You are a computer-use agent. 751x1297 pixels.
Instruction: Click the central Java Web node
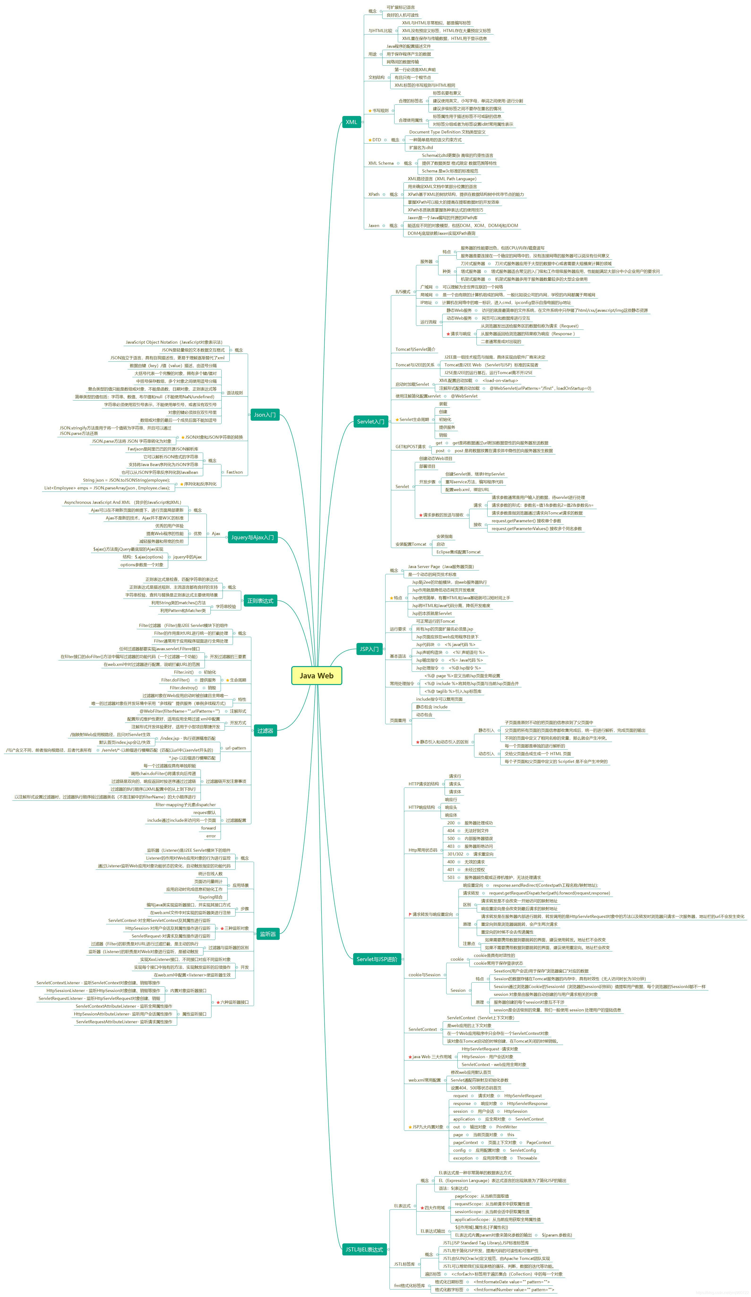[317, 676]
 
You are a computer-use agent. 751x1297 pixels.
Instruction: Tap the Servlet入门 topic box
[371, 422]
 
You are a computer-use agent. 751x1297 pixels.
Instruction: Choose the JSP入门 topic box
[369, 649]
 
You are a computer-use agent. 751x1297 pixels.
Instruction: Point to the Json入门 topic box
[265, 415]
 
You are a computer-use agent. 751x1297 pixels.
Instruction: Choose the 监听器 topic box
[268, 934]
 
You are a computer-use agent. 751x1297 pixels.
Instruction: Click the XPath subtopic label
[374, 195]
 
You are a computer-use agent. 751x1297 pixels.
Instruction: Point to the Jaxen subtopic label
[374, 225]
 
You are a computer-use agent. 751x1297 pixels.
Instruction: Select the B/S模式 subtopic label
[403, 292]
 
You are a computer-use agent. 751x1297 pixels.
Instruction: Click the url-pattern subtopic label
[236, 748]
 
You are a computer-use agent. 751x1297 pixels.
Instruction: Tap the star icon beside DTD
[369, 140]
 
